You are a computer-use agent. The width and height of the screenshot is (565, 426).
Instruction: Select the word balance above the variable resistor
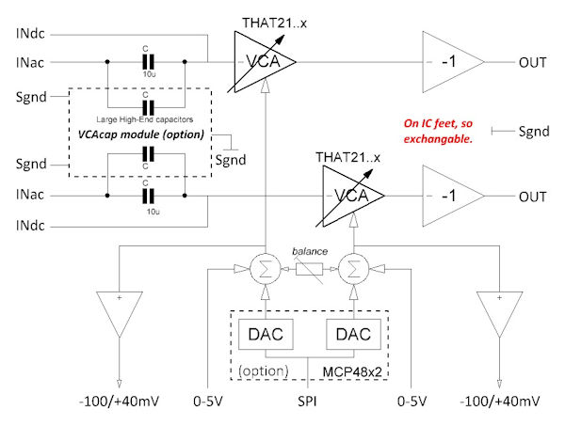click(309, 253)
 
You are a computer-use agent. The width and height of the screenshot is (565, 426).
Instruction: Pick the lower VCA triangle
click(352, 197)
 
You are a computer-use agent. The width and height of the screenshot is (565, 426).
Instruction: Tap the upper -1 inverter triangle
click(449, 62)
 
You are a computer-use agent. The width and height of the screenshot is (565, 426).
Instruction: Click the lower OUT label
click(533, 197)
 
